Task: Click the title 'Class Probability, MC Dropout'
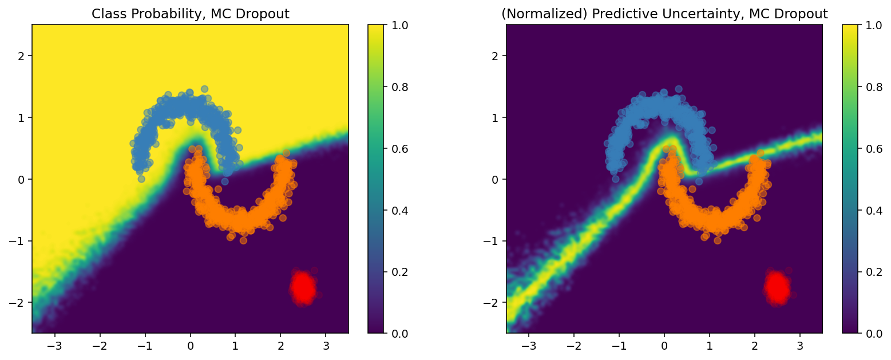(x=190, y=14)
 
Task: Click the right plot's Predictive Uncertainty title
(x=664, y=14)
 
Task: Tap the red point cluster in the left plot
(x=303, y=287)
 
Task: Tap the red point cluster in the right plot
(x=777, y=287)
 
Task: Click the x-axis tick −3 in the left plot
(x=54, y=346)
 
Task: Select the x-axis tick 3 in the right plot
(x=800, y=346)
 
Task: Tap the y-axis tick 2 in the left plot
(x=22, y=56)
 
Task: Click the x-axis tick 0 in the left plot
(x=190, y=346)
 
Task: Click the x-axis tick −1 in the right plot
(x=619, y=346)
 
